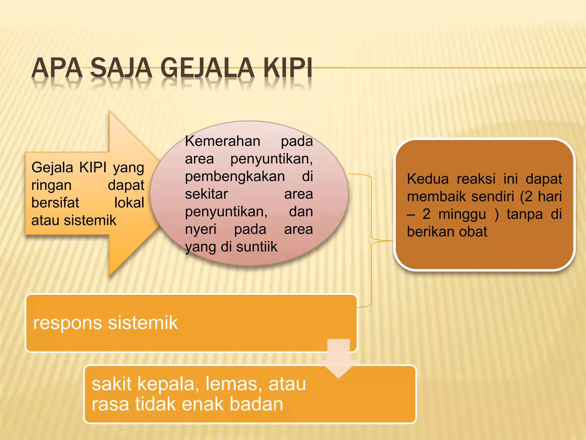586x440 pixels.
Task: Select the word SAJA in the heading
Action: click(121, 68)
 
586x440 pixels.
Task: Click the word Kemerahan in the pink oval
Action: click(223, 141)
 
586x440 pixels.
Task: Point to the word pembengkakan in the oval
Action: click(235, 176)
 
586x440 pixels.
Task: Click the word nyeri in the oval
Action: click(201, 229)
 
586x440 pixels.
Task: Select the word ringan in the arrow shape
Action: click(52, 185)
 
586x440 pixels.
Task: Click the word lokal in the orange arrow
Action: click(129, 203)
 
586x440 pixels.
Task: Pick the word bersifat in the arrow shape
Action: click(55, 203)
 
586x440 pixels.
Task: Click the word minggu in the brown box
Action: click(462, 214)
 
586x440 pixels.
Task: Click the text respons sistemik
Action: click(106, 323)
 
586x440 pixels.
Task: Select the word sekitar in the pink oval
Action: click(206, 194)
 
